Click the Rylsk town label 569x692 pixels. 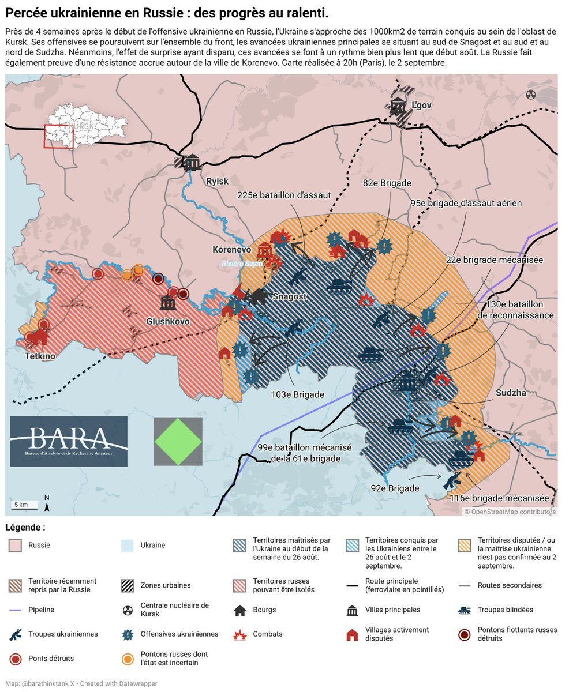pos(217,182)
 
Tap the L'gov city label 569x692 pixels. pos(422,106)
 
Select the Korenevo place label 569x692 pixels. pos(231,250)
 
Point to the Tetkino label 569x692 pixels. pos(40,356)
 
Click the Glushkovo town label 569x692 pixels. pos(168,321)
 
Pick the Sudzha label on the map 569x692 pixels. pos(511,393)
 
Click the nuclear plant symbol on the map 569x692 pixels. pos(531,94)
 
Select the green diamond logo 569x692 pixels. pos(178,441)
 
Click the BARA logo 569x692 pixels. pos(69,441)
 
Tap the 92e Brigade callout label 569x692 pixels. pos(395,488)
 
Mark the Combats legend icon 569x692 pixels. pos(239,634)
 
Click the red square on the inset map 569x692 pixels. pos(59,137)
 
